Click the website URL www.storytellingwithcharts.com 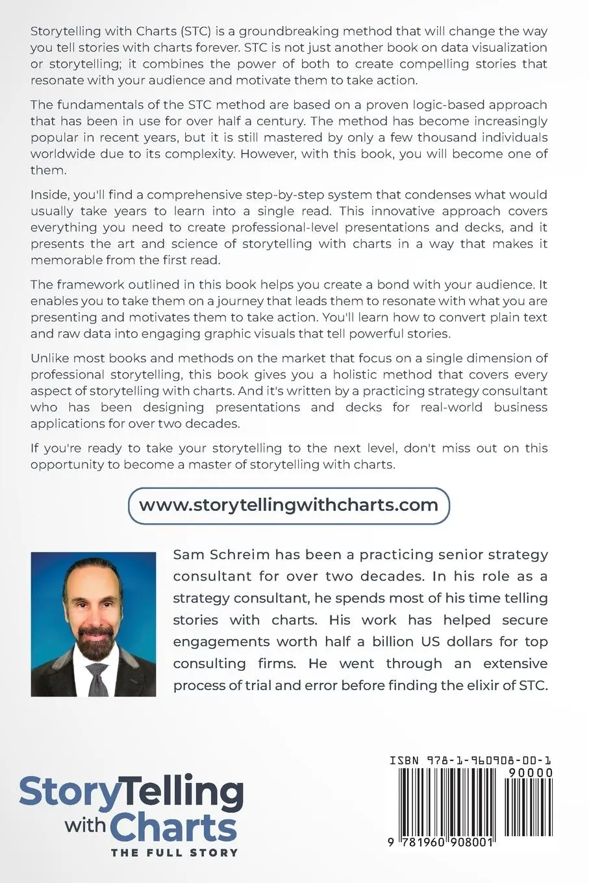pyautogui.click(x=288, y=505)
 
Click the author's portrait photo pyautogui.click(x=94, y=624)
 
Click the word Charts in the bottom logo pyautogui.click(x=173, y=828)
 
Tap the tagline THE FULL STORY pyautogui.click(x=174, y=852)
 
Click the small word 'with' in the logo pyautogui.click(x=85, y=825)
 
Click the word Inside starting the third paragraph pyautogui.click(x=49, y=194)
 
